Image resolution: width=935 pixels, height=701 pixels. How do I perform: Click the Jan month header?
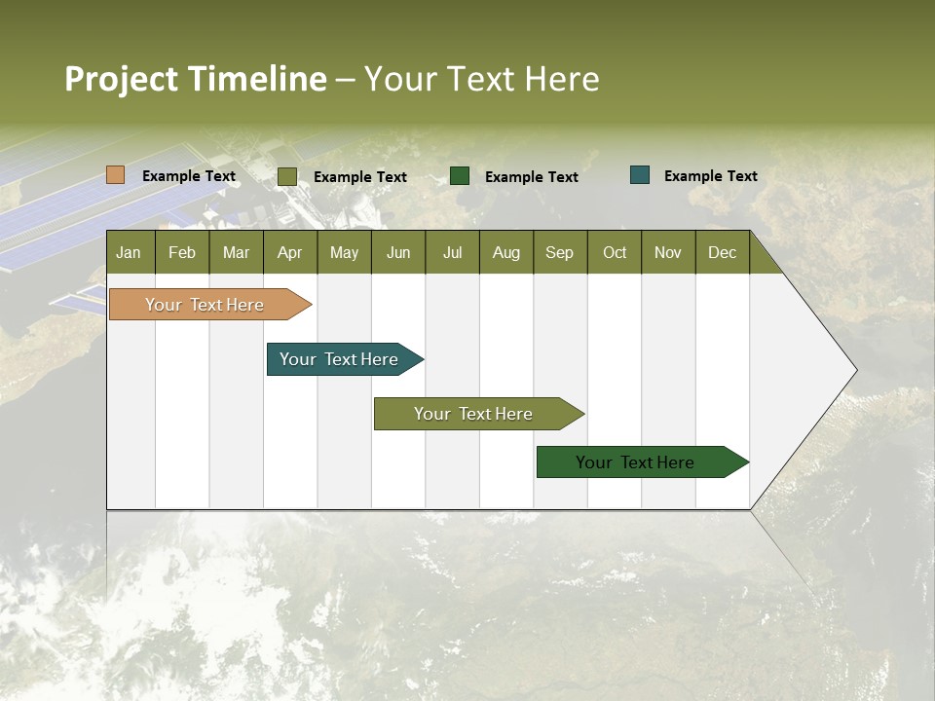tap(130, 252)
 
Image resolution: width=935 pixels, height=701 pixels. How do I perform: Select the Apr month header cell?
tap(290, 252)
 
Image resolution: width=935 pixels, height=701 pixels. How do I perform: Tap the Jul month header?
tap(452, 252)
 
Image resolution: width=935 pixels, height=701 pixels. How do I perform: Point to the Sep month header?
tap(560, 252)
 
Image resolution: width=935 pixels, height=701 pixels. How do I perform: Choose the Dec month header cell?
tap(722, 252)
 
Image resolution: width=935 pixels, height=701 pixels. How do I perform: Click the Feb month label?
tap(182, 252)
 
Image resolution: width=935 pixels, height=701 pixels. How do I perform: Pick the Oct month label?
tap(615, 252)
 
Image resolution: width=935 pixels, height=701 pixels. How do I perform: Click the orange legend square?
tap(116, 175)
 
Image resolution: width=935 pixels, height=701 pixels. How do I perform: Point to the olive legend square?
tap(287, 176)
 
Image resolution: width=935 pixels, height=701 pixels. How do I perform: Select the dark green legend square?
tap(460, 176)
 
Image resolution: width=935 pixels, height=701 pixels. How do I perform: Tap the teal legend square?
tap(640, 175)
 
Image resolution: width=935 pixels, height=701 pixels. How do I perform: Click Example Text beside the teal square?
tap(710, 176)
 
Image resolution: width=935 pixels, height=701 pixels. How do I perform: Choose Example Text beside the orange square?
tap(189, 176)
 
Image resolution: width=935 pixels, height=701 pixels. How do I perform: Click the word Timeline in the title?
tap(256, 79)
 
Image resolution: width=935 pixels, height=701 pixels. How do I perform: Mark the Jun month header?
tap(398, 252)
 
